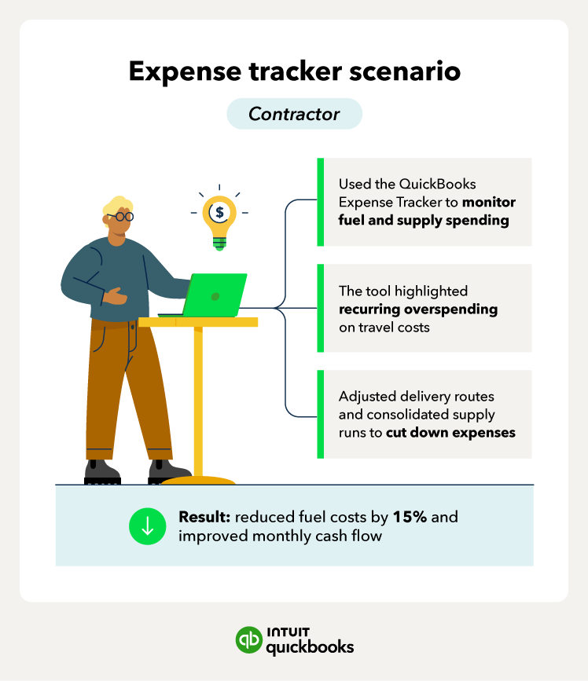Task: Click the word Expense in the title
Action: tap(185, 71)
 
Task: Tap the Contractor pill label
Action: tap(294, 114)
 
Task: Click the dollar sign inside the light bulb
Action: tap(219, 212)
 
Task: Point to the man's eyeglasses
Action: tap(121, 216)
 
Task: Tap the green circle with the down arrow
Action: tap(147, 526)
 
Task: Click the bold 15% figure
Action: tap(410, 517)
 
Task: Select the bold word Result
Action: tap(204, 517)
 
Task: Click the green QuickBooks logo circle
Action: tap(249, 639)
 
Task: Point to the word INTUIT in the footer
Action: tap(288, 632)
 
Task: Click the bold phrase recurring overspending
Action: tap(418, 309)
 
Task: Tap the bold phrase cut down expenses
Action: tap(450, 433)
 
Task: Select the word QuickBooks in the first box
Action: tap(437, 184)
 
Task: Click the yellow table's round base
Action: tap(198, 481)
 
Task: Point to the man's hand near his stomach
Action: tap(116, 296)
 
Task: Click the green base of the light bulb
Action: tap(219, 243)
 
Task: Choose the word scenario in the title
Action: tap(405, 71)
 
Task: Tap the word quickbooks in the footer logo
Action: tap(310, 647)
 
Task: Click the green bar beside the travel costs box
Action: tap(321, 308)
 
